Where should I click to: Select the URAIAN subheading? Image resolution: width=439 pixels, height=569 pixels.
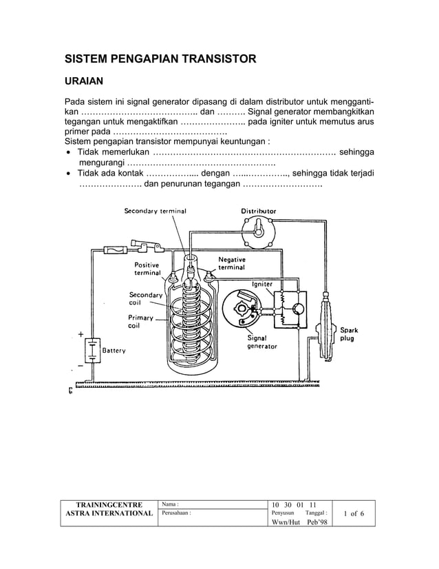(84, 81)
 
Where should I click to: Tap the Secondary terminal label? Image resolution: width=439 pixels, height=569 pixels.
(155, 211)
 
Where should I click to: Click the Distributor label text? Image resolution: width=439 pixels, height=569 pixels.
(259, 211)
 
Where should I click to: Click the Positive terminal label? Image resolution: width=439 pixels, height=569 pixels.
(147, 269)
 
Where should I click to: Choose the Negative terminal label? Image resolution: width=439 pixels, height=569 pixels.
(232, 263)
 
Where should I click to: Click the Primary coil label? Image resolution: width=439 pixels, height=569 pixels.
(141, 322)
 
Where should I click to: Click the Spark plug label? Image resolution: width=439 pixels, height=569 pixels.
(350, 335)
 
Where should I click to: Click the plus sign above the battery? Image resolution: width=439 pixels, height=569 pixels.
(81, 335)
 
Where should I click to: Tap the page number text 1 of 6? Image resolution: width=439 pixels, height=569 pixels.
(354, 514)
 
